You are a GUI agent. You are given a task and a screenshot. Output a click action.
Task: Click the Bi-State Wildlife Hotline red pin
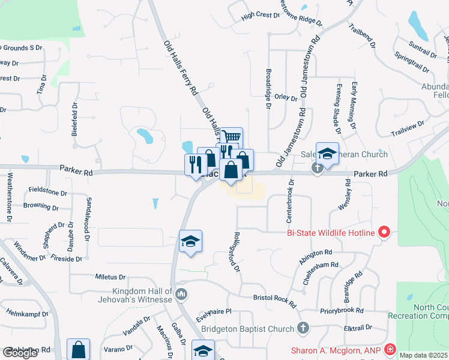click(385, 232)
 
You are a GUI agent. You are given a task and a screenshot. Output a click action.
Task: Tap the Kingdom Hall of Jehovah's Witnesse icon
click(182, 294)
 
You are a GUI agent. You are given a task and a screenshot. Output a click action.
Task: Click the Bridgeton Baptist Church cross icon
click(304, 328)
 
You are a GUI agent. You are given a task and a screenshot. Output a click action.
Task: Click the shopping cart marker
click(231, 137)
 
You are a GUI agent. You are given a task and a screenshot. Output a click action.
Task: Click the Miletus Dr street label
click(110, 277)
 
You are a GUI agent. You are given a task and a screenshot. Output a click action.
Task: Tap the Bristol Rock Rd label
click(275, 299)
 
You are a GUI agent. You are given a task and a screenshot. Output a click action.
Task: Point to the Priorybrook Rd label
click(342, 311)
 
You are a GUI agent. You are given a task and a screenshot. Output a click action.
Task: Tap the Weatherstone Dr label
click(10, 197)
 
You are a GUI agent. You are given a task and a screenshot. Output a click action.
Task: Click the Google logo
click(20, 353)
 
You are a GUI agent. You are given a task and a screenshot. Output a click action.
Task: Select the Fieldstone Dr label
click(48, 192)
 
